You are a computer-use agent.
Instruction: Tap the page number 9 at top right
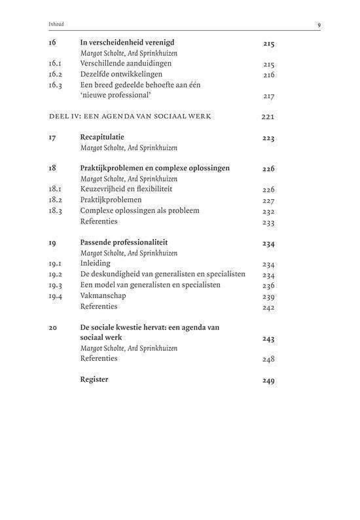[318, 26]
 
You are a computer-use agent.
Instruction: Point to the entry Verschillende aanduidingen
[125, 64]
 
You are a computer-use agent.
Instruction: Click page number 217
[268, 96]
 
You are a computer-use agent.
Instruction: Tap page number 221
[268, 117]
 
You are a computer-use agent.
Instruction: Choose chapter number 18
[52, 168]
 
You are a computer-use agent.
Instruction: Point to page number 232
[268, 212]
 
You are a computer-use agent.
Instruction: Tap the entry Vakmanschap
[103, 295]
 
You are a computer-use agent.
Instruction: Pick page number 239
[268, 297]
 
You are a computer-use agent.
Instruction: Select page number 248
[268, 360]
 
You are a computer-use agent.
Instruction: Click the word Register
[94, 379]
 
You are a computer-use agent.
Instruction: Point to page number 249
[268, 381]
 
